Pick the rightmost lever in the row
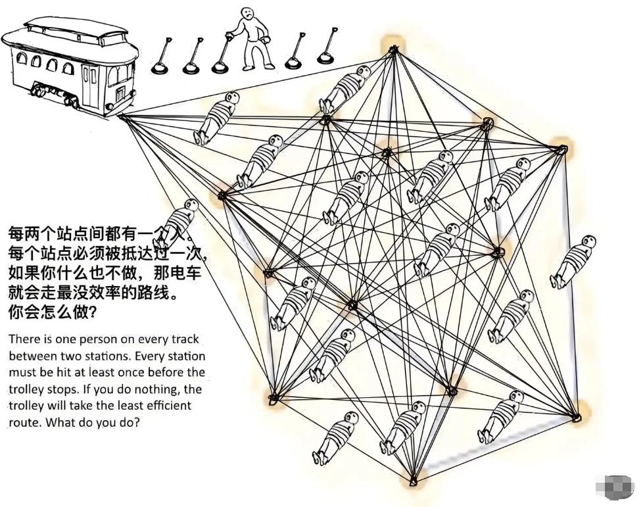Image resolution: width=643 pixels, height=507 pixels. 325,49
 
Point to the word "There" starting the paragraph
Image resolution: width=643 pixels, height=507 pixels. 24,340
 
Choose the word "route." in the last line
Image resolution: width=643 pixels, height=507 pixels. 26,423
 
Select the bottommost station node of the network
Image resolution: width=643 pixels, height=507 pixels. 413,481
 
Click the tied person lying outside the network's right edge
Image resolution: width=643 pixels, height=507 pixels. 573,261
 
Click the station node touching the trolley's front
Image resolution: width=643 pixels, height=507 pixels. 122,117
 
